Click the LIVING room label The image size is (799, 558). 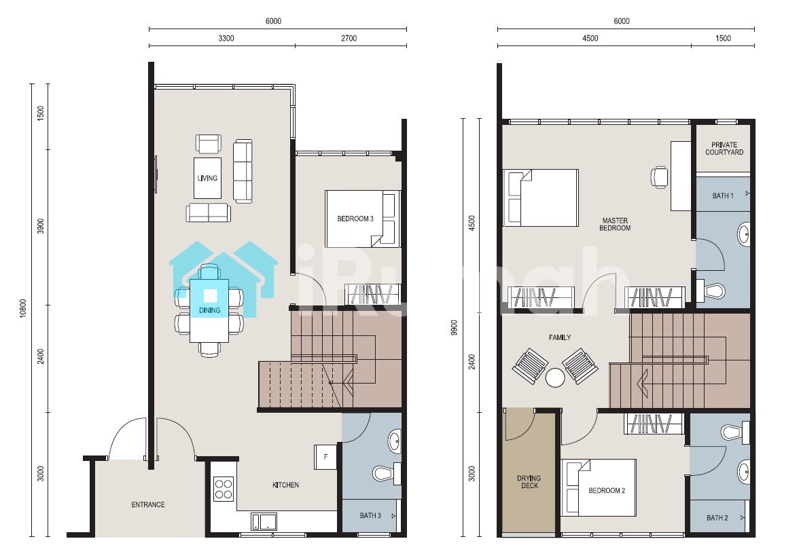pos(207,178)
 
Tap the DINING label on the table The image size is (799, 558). pos(209,310)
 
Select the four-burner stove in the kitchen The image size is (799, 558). pos(224,489)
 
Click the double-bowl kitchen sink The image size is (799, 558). pos(264,521)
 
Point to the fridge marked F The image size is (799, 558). pos(325,457)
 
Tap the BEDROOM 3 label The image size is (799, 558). pos(355,219)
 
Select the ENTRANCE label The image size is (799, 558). pos(148,504)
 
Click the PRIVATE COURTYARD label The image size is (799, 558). pos(724,148)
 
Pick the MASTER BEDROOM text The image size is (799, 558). pos(615,224)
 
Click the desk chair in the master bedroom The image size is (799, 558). pos(659,177)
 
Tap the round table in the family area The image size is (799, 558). pos(555,377)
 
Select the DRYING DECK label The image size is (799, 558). pos(529,482)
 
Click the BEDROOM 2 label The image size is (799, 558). pos(606,491)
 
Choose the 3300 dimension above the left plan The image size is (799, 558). pos(226,38)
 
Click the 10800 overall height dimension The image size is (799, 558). pos(23,308)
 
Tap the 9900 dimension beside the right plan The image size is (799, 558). pos(454,327)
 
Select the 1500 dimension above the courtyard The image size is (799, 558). pos(723,38)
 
